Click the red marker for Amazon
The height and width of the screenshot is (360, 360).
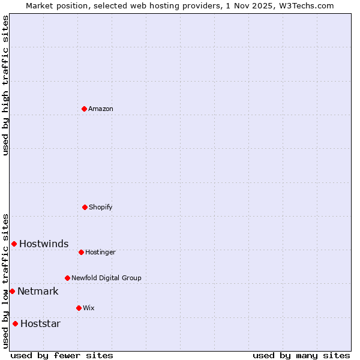coord(84,109)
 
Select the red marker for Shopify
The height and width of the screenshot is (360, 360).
coord(85,207)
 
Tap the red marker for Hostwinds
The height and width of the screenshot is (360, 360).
coord(14,244)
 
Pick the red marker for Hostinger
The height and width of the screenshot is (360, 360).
coord(81,252)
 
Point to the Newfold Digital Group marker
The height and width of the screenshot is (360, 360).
coord(67,278)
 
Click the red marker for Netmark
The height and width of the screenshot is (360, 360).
coord(12,291)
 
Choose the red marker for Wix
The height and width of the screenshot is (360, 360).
coord(79,308)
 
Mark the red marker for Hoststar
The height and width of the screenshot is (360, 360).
coord(15,323)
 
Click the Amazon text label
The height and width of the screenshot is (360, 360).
coord(101,109)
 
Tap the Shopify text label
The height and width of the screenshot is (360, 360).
coord(101,207)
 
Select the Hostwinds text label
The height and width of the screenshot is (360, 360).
coord(44,244)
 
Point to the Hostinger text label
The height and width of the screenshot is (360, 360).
coord(100,252)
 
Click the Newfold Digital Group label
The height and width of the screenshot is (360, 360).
coord(106,278)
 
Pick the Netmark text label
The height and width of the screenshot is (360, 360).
coord(38,291)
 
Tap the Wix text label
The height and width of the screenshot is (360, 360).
coord(89,308)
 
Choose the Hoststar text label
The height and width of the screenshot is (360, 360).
coord(40,323)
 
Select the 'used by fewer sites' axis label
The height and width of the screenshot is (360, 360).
coord(62,355)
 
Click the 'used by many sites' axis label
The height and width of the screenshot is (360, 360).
coord(301,355)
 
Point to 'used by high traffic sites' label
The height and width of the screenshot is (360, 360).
coord(5,85)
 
